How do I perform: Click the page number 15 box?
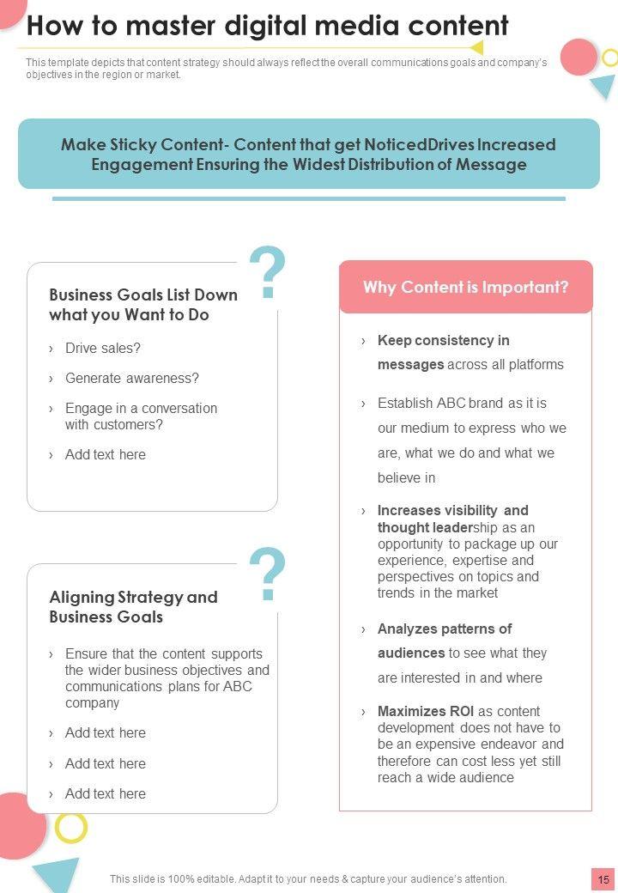coord(603,879)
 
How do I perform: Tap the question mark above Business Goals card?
coord(267,273)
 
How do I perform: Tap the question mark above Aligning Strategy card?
coord(267,574)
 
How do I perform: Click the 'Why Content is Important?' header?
coord(465,288)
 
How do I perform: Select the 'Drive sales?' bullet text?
coord(102,348)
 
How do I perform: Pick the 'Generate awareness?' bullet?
coord(131,378)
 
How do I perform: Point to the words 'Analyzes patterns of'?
coord(445,629)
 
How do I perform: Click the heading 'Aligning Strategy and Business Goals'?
coord(133,607)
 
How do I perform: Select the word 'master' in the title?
coord(172,26)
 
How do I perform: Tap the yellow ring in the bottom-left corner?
coord(71,827)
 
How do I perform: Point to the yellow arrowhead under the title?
coord(476,47)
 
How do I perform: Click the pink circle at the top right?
coord(579,57)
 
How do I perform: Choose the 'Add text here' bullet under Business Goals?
coord(105,454)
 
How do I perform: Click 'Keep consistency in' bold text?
coord(443,340)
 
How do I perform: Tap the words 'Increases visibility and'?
coord(452,510)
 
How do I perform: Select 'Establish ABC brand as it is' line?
coord(462,403)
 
